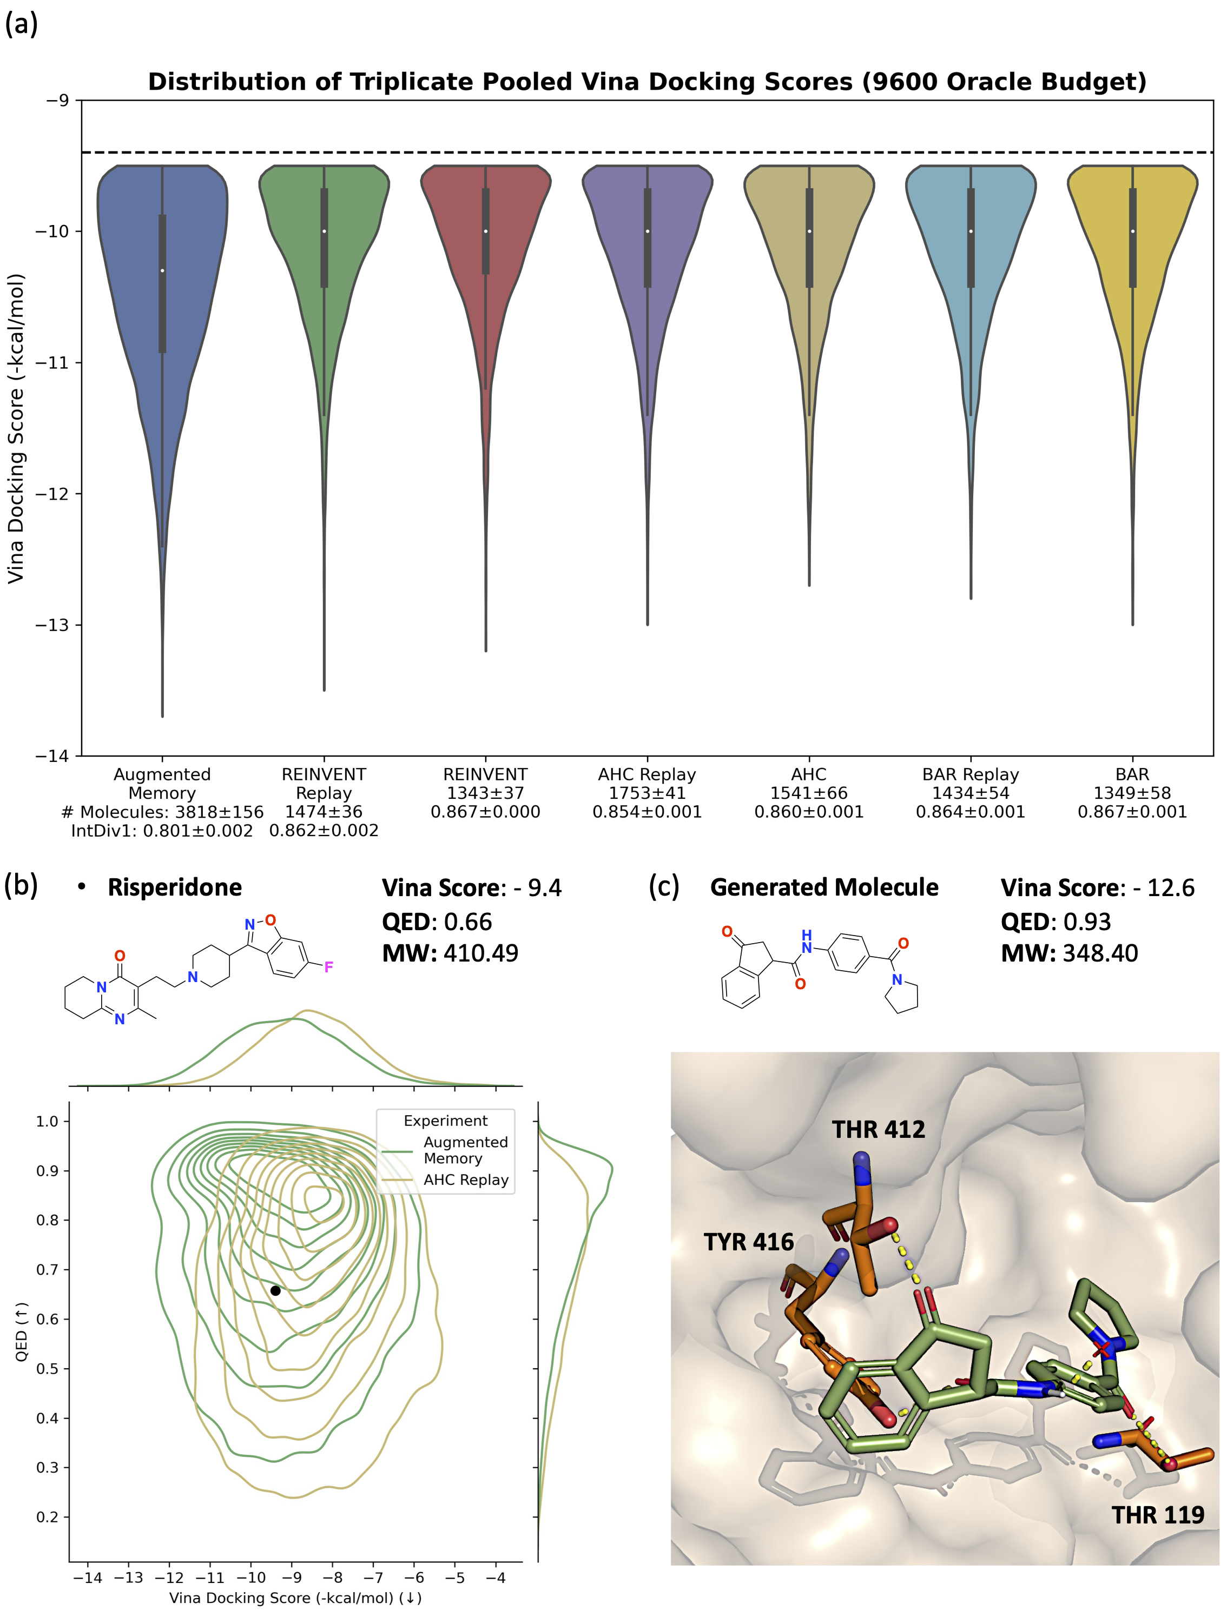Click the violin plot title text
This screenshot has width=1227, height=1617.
pyautogui.click(x=647, y=81)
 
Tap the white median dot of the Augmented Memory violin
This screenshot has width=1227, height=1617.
pyautogui.click(x=162, y=270)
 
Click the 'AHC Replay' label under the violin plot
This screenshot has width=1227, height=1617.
pyautogui.click(x=647, y=774)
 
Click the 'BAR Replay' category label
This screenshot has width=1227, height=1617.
pyautogui.click(x=971, y=774)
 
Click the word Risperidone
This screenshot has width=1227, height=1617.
pyautogui.click(x=174, y=887)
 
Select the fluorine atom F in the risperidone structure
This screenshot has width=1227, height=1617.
pyautogui.click(x=328, y=967)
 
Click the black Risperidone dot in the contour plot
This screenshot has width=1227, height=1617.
pyautogui.click(x=275, y=1290)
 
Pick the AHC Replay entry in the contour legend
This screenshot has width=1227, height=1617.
pyautogui.click(x=466, y=1180)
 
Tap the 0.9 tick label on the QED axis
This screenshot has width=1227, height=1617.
pyautogui.click(x=48, y=1170)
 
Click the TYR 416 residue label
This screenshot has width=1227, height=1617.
pyautogui.click(x=749, y=1242)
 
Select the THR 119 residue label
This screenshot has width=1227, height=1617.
pyautogui.click(x=1158, y=1515)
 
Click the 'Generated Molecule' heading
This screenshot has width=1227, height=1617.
pyautogui.click(x=824, y=887)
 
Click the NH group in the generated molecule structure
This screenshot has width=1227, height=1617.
pyautogui.click(x=807, y=942)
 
